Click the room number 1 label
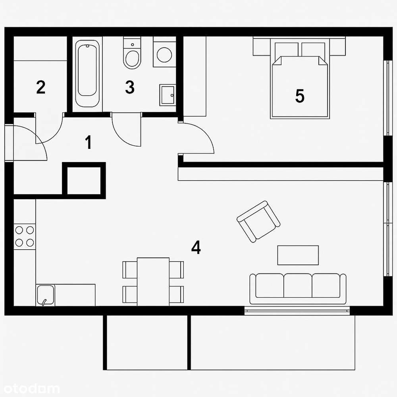click(x=89, y=143)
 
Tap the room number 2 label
click(x=40, y=87)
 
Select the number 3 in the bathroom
click(x=130, y=87)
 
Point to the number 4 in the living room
click(x=196, y=248)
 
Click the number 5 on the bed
click(x=300, y=96)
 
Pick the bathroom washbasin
click(x=168, y=95)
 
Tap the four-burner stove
click(x=25, y=236)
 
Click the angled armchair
click(x=258, y=221)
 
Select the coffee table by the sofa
click(x=298, y=255)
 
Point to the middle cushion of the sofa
click(x=298, y=285)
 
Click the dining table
click(x=153, y=281)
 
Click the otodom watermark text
click(x=30, y=389)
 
